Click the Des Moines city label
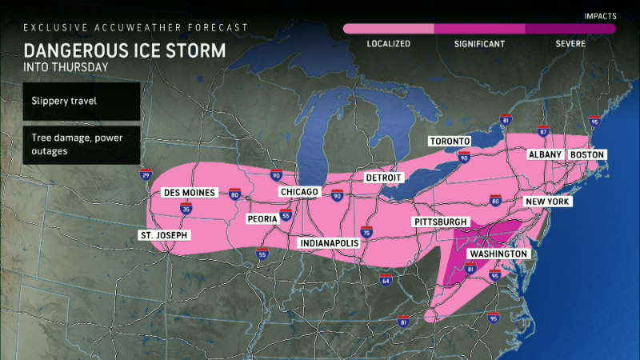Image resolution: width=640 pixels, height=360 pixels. (186, 193)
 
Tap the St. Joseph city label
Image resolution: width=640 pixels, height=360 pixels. (163, 235)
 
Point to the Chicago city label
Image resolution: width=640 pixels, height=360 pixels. (300, 193)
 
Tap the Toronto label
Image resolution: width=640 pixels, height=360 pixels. (449, 142)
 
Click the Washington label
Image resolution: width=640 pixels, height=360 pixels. (498, 254)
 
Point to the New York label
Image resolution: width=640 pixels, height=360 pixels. (547, 202)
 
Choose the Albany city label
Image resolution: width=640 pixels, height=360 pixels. (544, 154)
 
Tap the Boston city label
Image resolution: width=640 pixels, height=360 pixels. (587, 154)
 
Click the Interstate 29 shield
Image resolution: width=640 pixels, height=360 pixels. (145, 174)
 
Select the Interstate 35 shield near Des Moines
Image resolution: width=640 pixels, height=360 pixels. (186, 210)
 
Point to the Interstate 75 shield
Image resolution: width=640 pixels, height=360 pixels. (366, 233)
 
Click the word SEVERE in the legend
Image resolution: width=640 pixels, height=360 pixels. (570, 44)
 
